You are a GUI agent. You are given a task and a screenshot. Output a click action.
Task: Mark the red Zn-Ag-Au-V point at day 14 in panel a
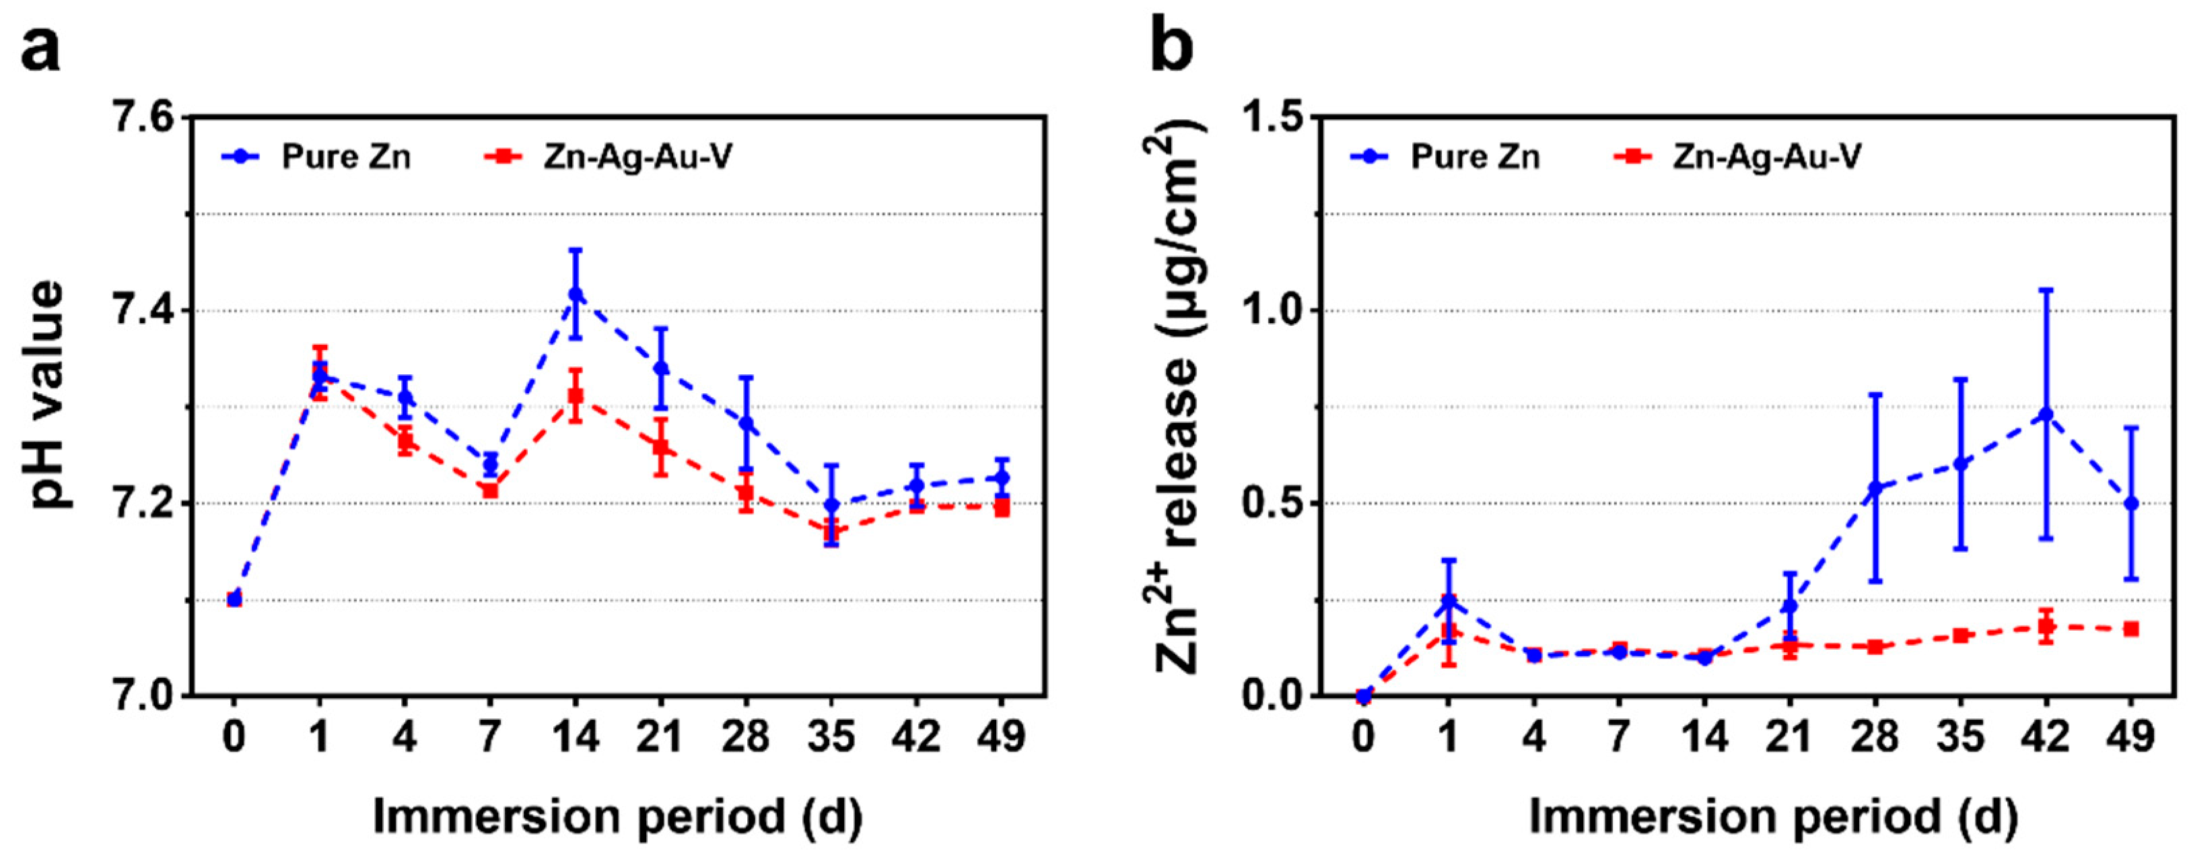click(576, 395)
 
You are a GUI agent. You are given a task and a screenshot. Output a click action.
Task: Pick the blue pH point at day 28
click(746, 423)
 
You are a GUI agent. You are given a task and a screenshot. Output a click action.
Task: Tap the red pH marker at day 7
click(490, 490)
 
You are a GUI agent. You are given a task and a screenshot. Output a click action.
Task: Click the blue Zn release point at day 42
click(2046, 414)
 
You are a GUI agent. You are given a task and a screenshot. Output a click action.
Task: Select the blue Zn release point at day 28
click(1875, 488)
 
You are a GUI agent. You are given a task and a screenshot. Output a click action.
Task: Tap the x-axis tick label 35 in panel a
click(831, 736)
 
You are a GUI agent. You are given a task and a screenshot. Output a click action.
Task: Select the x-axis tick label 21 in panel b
click(1790, 736)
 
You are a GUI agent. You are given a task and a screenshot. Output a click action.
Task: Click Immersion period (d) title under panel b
click(1774, 817)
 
